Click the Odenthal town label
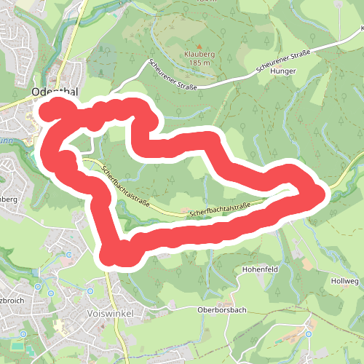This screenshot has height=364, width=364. click(x=55, y=92)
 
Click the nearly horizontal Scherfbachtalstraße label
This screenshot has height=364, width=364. click(x=219, y=210)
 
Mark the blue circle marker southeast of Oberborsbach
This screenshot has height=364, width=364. click(x=308, y=334)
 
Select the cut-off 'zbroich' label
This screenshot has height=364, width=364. click(x=15, y=300)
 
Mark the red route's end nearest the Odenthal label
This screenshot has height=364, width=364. click(x=48, y=111)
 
